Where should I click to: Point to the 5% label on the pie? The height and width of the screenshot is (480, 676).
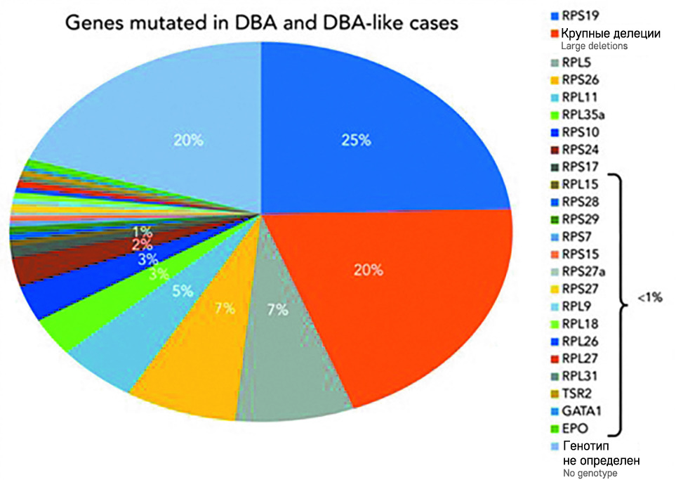tap(182, 290)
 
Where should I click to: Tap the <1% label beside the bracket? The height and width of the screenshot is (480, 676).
tap(649, 297)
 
